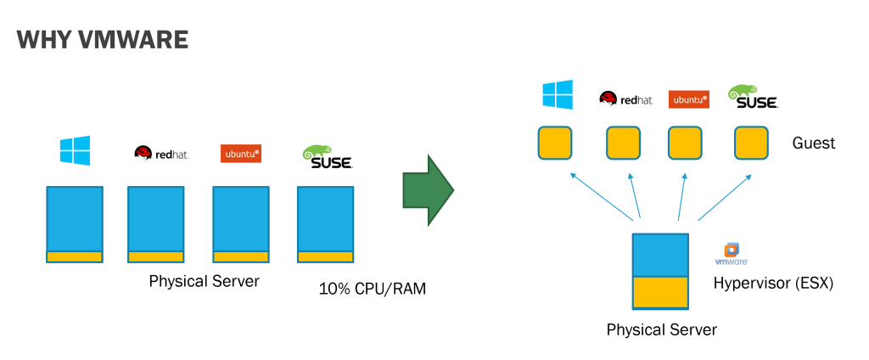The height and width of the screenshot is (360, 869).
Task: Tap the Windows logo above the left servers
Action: [75, 150]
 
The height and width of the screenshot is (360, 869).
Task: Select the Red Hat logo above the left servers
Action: [160, 153]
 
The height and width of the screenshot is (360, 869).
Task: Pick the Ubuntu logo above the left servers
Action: [240, 154]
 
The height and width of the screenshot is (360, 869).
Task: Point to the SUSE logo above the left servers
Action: [327, 156]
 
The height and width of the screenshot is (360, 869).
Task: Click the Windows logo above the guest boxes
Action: [558, 94]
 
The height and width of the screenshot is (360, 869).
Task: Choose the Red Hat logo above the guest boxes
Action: [626, 98]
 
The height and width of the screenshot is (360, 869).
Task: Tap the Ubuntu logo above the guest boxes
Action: [688, 99]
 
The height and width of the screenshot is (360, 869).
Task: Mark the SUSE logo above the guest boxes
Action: [753, 96]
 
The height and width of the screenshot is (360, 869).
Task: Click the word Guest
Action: [813, 143]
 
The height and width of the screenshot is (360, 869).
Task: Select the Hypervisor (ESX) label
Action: [773, 283]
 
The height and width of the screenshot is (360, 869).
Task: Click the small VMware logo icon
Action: [731, 252]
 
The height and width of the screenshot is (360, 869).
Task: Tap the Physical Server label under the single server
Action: [661, 329]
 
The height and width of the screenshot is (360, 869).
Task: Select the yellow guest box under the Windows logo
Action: [555, 143]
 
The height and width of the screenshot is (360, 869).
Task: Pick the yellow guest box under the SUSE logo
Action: [751, 143]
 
